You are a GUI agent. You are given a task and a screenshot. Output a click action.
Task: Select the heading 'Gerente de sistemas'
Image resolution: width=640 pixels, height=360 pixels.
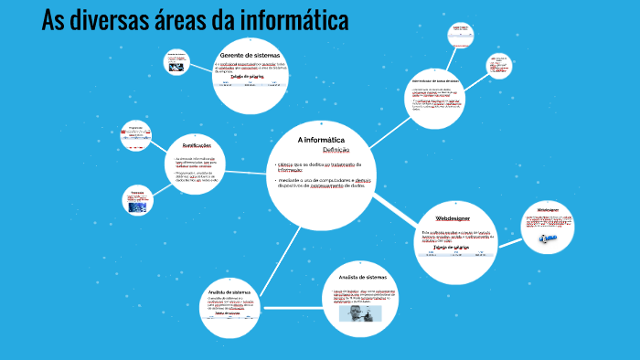click(x=250, y=55)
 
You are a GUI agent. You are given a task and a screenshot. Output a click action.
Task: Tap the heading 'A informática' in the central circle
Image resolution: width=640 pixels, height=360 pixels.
click(x=320, y=139)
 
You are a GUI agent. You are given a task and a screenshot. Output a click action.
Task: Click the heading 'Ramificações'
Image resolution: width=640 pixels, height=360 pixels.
click(x=197, y=146)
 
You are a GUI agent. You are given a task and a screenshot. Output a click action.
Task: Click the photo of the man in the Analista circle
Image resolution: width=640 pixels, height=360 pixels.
click(x=357, y=313)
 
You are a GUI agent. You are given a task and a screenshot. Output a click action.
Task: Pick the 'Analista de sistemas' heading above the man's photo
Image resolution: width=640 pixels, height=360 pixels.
click(x=363, y=276)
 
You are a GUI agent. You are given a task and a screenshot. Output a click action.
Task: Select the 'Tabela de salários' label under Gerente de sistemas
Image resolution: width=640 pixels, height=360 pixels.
click(x=250, y=77)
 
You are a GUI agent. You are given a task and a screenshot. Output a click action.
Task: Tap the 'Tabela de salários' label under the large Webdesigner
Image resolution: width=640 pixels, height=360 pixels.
click(x=452, y=247)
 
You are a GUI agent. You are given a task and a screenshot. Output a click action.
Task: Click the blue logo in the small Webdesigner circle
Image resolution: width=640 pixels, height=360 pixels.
click(x=547, y=238)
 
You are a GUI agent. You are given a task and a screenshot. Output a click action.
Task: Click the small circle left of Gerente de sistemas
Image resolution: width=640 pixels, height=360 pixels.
click(x=176, y=63)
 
